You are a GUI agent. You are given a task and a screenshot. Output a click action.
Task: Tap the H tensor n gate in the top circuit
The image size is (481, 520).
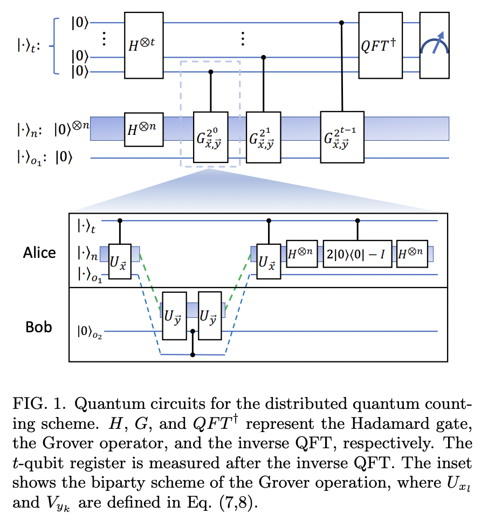point(143,129)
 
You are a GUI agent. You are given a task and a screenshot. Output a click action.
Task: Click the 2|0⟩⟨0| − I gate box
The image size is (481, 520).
point(358,253)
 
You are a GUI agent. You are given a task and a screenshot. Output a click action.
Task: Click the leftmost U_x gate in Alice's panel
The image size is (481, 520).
point(120,261)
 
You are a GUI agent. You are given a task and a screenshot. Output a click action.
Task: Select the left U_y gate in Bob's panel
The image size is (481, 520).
point(174,316)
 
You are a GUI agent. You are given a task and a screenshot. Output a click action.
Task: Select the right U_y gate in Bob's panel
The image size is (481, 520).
point(210,316)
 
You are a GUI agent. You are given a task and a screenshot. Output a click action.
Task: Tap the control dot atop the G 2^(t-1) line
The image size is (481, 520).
point(342,23)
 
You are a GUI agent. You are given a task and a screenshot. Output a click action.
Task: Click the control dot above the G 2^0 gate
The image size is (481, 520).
point(211,72)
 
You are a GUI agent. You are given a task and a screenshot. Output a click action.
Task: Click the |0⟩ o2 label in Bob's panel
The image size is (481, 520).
point(90,329)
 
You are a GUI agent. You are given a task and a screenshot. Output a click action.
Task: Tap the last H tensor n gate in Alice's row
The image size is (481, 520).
point(412,253)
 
